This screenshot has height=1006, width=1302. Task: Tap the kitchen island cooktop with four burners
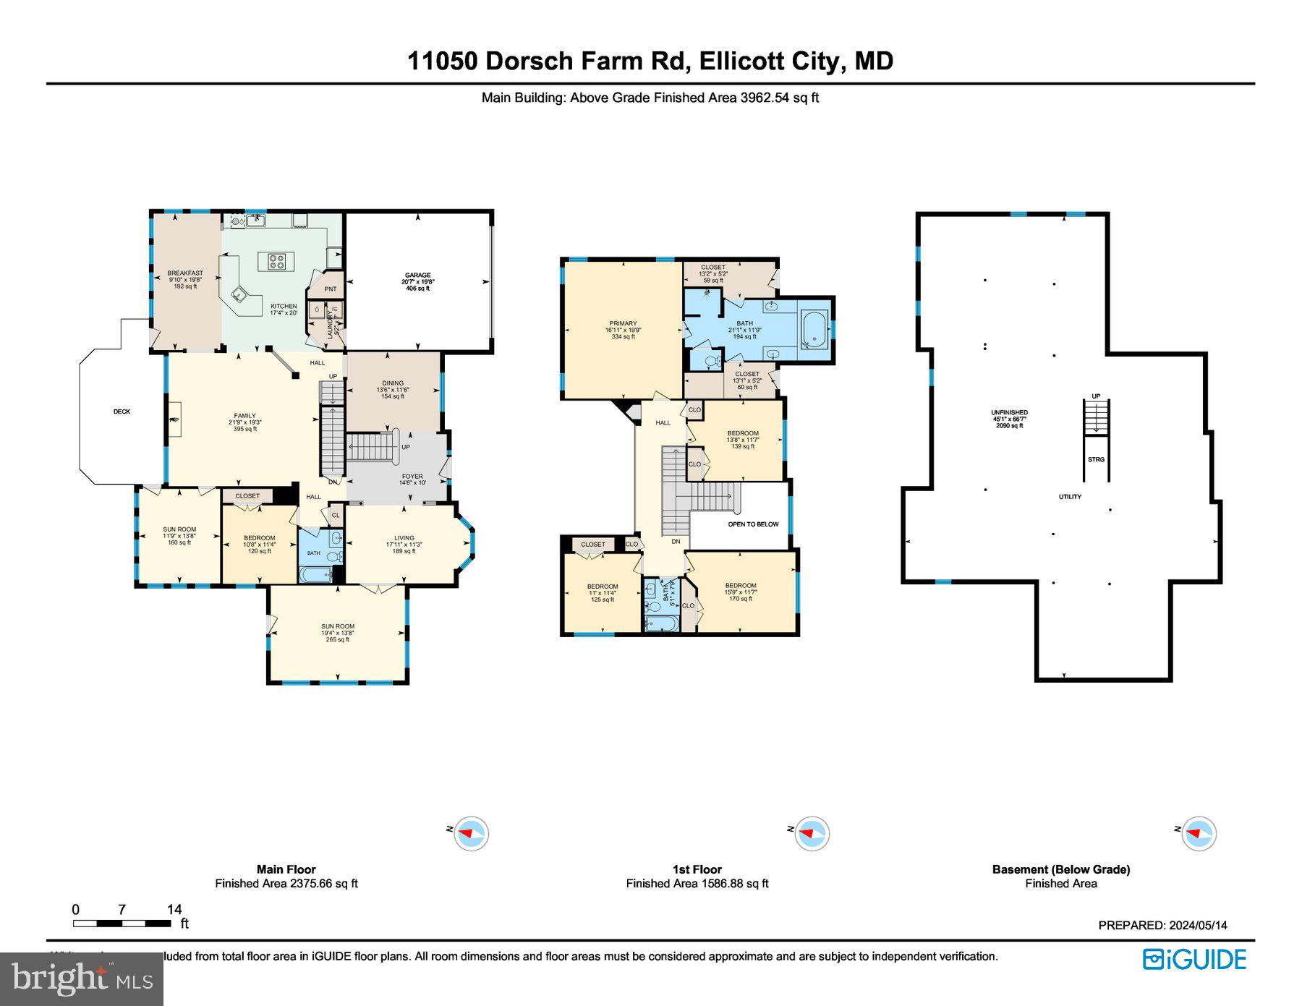click(x=276, y=261)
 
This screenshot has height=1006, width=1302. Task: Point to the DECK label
click(x=122, y=412)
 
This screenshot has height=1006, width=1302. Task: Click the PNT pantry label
click(x=331, y=289)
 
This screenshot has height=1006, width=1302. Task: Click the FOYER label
click(x=412, y=477)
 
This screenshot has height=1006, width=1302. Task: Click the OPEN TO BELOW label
click(x=753, y=524)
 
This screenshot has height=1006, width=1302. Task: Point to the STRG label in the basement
click(x=1096, y=459)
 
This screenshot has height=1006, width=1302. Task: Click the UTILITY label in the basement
click(x=1070, y=497)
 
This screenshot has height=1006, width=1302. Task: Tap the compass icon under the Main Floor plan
click(x=470, y=833)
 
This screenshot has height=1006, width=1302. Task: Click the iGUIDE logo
click(x=1194, y=959)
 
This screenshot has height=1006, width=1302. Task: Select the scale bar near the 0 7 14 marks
click(x=122, y=924)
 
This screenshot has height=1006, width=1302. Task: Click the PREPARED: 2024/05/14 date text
click(x=1162, y=925)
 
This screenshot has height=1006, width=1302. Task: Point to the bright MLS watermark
click(x=82, y=979)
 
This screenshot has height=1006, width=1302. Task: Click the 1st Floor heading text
click(x=697, y=869)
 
